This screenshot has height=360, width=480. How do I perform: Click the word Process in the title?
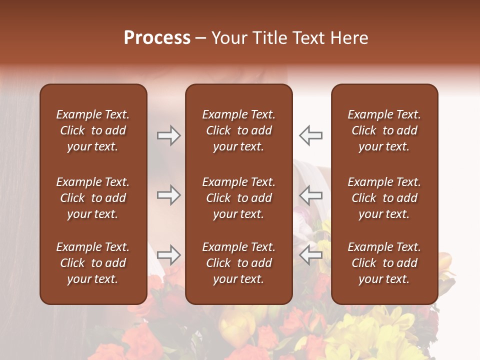click(x=157, y=38)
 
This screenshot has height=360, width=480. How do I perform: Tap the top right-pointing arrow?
click(x=169, y=135)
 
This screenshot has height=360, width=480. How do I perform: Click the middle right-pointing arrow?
click(x=169, y=195)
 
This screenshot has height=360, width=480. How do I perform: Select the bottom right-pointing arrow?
click(x=169, y=255)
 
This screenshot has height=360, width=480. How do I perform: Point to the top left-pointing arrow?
click(x=310, y=135)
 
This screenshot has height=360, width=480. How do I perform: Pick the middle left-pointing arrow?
click(x=310, y=195)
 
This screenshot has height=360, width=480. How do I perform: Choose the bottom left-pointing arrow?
click(x=310, y=255)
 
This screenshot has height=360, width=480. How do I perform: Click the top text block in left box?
click(x=93, y=130)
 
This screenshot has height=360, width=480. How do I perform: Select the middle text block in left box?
click(x=93, y=198)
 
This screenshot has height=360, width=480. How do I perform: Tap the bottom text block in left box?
click(x=93, y=263)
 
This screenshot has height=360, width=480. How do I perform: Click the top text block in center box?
click(x=238, y=130)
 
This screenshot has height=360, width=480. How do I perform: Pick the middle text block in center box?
click(x=238, y=198)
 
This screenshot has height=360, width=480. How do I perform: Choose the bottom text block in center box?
click(x=238, y=263)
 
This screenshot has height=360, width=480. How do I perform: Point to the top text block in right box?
click(x=384, y=130)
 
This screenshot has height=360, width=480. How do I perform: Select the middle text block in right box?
click(x=384, y=198)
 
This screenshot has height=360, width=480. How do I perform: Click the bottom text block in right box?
click(x=384, y=263)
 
